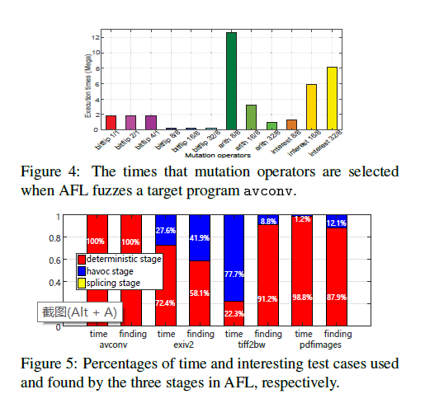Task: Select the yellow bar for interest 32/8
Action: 332,98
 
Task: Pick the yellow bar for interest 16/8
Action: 312,107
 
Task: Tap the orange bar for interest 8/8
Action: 292,124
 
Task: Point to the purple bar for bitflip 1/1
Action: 111,122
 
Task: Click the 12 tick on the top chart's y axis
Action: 97,37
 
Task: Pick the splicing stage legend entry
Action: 115,283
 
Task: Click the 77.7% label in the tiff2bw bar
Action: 234,251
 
